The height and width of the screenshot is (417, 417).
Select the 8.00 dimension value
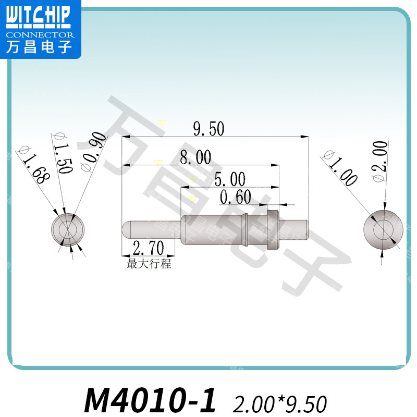(x=195, y=157)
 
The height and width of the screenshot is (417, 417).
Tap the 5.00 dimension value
(x=230, y=180)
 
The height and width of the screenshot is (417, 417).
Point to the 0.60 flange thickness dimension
(x=236, y=198)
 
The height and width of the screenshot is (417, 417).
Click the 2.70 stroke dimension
(x=148, y=247)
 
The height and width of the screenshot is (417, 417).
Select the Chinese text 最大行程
(x=149, y=263)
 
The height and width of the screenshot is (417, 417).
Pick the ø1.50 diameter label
(x=62, y=153)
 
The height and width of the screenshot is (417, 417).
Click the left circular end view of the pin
(x=68, y=229)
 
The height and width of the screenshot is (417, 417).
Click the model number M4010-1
(x=150, y=400)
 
